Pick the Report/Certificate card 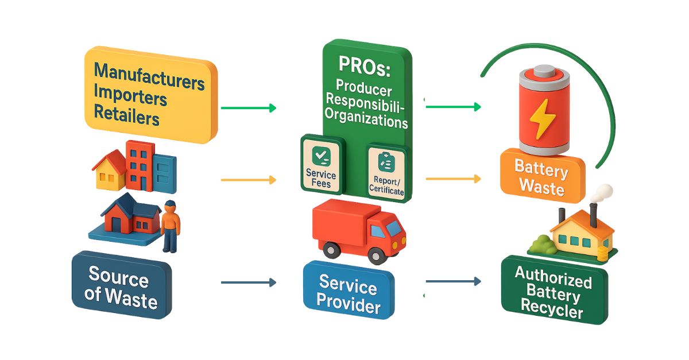tap(386, 173)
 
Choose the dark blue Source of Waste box tap(121, 285)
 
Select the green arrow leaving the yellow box tap(248, 107)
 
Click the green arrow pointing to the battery tap(453, 106)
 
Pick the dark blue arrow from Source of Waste tap(248, 282)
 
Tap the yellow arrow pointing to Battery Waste tap(453, 179)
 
